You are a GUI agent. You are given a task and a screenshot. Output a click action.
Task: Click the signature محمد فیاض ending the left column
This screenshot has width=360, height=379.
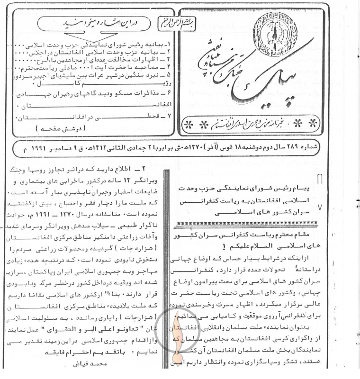tap(88, 365)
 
